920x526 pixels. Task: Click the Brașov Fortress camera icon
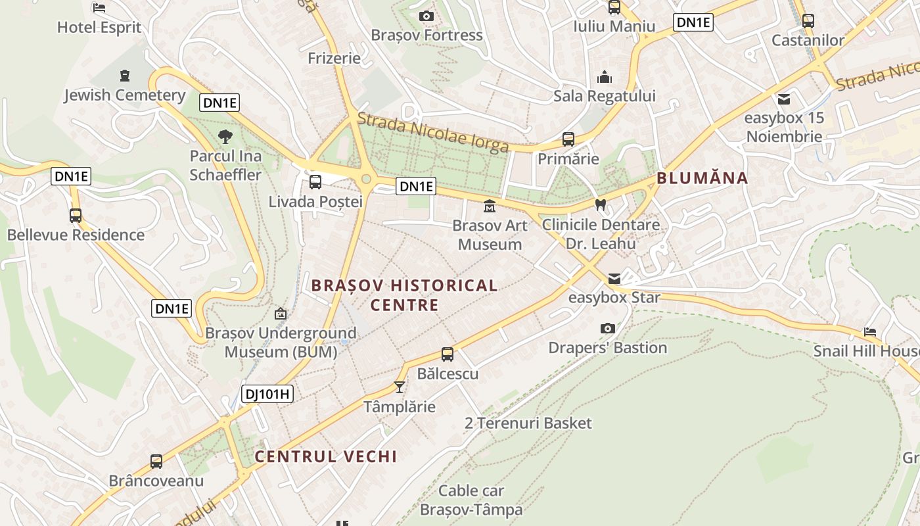426,16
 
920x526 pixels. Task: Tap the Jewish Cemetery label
124,95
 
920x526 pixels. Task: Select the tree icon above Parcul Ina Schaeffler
225,137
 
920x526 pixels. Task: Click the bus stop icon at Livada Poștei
315,181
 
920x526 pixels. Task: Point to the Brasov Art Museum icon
490,206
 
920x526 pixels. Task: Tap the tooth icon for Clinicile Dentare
600,204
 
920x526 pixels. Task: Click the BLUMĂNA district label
702,178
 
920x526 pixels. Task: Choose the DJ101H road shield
267,394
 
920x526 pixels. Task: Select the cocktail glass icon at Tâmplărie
399,387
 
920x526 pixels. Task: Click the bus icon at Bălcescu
448,354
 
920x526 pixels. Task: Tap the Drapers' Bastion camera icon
608,328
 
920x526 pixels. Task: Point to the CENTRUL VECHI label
325,456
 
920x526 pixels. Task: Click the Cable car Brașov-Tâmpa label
471,500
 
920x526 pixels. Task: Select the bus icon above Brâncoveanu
156,461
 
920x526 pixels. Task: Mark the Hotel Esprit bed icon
99,8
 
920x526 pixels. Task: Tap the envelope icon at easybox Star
614,279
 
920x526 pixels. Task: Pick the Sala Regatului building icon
605,78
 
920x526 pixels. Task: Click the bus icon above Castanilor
808,20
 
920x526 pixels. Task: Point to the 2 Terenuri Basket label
528,423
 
